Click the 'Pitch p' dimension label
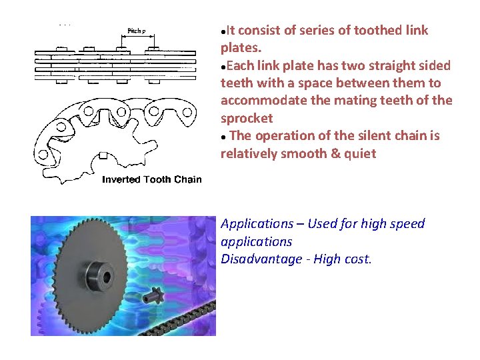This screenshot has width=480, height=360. (138, 31)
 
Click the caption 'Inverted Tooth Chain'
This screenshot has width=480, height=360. (151, 179)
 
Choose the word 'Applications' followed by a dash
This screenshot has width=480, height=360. (257, 223)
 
